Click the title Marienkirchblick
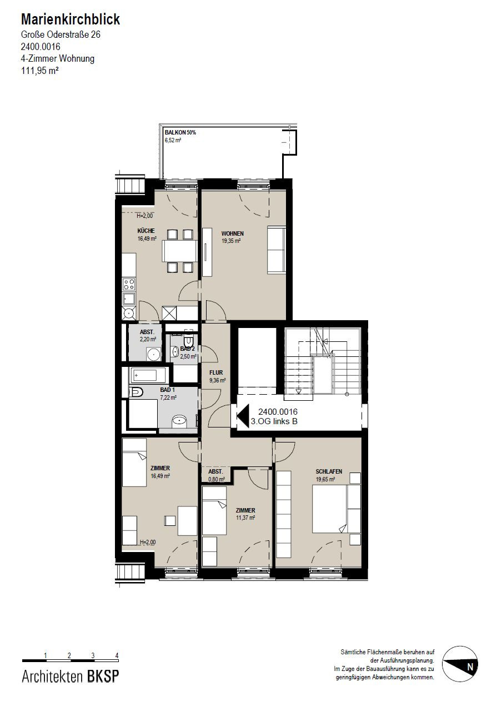pos(70,19)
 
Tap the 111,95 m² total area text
pos(39,71)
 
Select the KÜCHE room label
pos(146,231)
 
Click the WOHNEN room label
pos(233,233)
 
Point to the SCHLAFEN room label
pos(329,471)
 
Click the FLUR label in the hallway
pos(216,372)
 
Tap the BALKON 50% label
pos(180,133)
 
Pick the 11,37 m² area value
pos(245,518)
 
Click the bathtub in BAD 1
pos(147,375)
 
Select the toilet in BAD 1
pos(136,392)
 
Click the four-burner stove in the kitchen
pos(129,284)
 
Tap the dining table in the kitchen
pos(179,251)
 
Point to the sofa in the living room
pos(277,250)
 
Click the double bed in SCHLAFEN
pos(337,509)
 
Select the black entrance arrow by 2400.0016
pos(243,416)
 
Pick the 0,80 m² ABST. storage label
pos(217,480)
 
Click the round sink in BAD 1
pos(179,421)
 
